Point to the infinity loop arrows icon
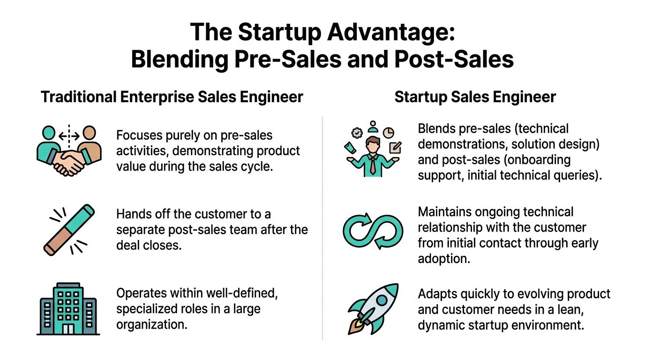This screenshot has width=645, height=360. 373,232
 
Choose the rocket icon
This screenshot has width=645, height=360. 373,309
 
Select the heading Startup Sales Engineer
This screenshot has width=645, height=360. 475,97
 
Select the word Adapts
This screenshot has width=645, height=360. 438,294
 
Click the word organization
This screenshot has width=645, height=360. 152,324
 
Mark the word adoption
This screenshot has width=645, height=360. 444,258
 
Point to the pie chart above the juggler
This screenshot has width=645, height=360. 388,132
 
